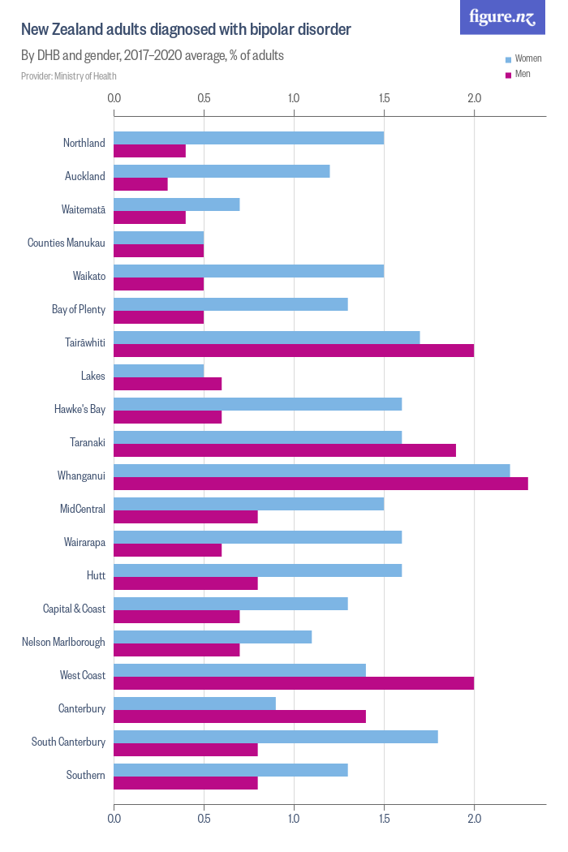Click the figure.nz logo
tap(502, 17)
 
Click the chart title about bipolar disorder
tap(186, 30)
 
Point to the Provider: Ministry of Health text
tap(69, 76)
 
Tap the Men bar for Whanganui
tap(321, 484)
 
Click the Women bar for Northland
tap(248, 138)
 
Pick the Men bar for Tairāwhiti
tap(293, 351)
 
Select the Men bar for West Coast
tap(293, 683)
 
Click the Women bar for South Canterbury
tap(275, 737)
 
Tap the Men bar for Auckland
tap(140, 184)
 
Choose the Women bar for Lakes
tap(158, 371)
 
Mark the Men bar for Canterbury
tap(239, 716)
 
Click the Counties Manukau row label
tap(67, 243)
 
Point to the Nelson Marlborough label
tap(63, 642)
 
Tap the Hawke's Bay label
tap(79, 409)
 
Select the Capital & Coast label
tap(74, 609)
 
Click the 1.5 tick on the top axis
tap(384, 98)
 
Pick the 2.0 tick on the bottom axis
tap(474, 820)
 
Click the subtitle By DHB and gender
tap(152, 56)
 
